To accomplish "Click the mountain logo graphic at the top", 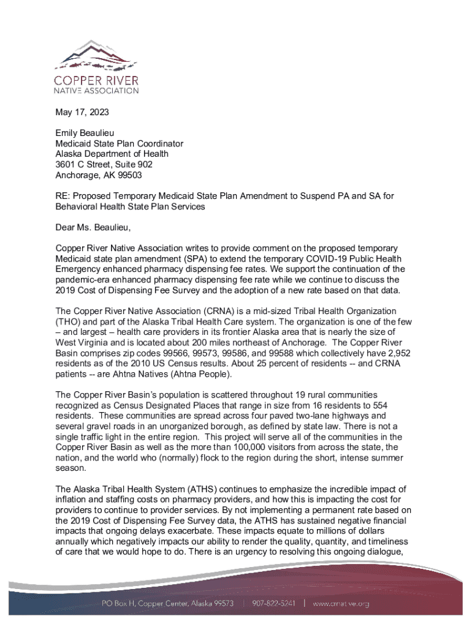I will tap(97, 57).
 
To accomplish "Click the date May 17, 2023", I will tap(82, 113).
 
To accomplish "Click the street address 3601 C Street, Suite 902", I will tap(104, 165).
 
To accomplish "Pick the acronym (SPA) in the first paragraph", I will tap(189, 258).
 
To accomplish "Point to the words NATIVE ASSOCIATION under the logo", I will tap(97, 91).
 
